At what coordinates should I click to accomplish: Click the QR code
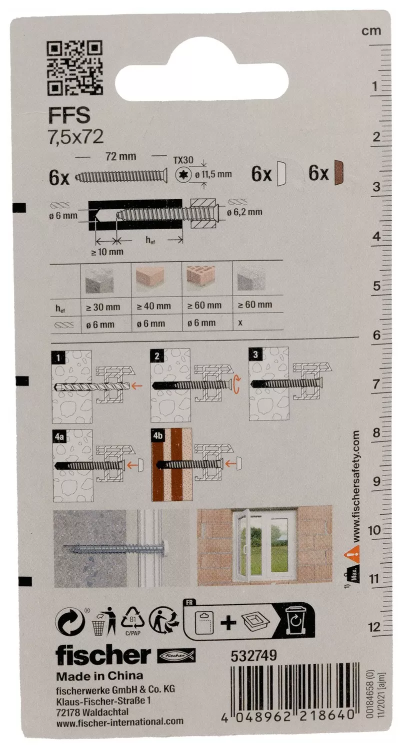click(x=74, y=68)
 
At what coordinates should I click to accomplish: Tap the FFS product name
click(x=69, y=115)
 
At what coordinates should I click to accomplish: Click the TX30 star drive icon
click(x=183, y=174)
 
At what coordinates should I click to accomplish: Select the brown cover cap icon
click(x=339, y=173)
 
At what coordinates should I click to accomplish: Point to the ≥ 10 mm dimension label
click(x=107, y=252)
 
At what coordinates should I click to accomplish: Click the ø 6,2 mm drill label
click(x=244, y=212)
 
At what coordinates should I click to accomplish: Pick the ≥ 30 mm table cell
click(x=103, y=307)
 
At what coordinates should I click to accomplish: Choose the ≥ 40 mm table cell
click(x=153, y=306)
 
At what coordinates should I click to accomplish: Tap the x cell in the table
click(x=240, y=323)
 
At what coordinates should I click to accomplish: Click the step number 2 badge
click(x=157, y=356)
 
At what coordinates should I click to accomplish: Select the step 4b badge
click(x=157, y=436)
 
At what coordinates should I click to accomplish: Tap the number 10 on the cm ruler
click(x=374, y=530)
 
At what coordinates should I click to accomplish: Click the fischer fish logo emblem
click(x=176, y=656)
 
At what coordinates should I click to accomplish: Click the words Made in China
click(x=99, y=676)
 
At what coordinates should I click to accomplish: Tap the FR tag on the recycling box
click(x=189, y=603)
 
